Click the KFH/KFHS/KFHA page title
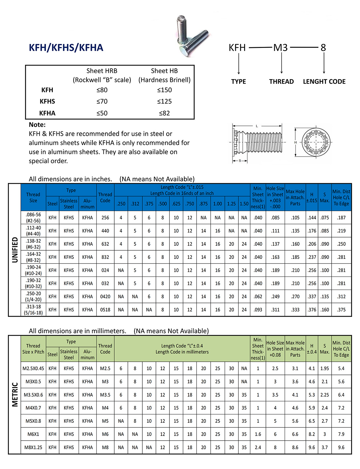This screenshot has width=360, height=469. [66, 48]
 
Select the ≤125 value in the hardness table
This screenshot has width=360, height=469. [164, 101]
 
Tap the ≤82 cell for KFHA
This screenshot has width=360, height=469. [164, 113]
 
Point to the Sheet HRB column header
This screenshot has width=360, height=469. [102, 71]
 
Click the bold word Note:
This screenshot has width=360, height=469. [37, 125]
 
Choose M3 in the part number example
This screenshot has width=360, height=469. [280, 48]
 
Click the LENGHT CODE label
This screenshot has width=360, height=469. [324, 82]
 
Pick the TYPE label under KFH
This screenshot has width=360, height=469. [238, 82]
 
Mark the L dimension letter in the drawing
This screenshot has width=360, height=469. [257, 126]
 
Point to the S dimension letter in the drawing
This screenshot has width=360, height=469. [240, 161]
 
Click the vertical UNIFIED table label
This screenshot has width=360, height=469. [15, 250]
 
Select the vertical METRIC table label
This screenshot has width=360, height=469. [15, 395]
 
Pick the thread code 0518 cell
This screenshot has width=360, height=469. [105, 310]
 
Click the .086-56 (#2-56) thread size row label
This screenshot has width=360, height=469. [33, 218]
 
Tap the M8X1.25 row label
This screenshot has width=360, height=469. [33, 448]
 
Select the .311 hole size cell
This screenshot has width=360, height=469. [275, 310]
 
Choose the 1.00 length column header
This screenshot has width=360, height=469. [217, 204]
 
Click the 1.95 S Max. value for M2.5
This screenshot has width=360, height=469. [324, 369]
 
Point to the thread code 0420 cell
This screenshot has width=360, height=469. [105, 297]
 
